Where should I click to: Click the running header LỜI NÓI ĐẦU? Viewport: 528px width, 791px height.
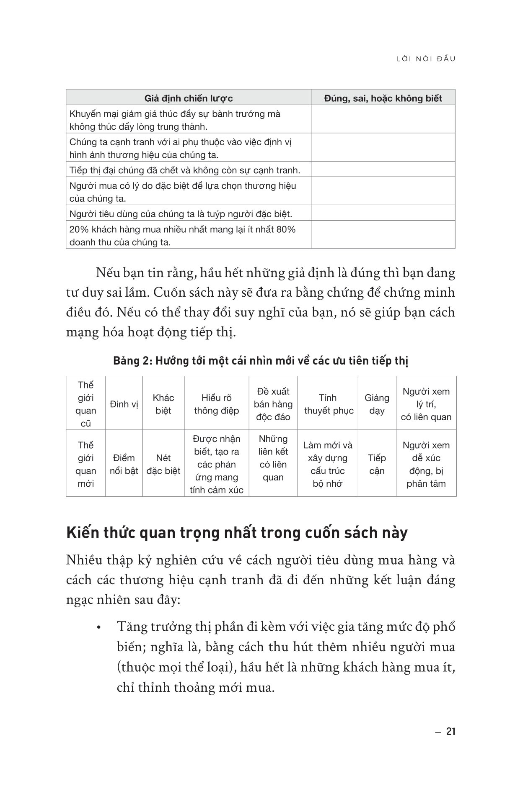point(426,59)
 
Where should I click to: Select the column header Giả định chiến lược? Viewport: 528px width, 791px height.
point(189,98)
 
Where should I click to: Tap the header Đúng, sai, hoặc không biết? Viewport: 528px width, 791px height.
point(383,98)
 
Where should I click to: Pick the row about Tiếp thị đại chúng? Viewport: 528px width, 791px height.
point(185,170)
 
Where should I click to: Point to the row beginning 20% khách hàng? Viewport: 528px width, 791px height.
point(183,236)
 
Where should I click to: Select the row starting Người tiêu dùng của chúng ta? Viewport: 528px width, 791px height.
point(181,214)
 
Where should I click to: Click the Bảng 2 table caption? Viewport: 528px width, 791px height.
point(261,361)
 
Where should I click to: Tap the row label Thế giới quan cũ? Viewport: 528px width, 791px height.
point(85,404)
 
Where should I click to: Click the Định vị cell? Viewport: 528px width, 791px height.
point(124,404)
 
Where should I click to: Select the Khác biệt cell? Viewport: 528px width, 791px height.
point(163,404)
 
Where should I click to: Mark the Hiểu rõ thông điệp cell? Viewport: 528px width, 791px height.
point(217,404)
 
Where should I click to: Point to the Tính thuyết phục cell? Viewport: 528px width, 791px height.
point(329,404)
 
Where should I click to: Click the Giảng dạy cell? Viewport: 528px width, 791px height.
point(377,404)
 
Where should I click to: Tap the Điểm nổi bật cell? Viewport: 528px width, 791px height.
point(124,465)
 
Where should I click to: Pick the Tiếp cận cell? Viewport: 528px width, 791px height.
point(377,465)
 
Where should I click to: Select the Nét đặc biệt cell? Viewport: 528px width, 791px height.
point(163,465)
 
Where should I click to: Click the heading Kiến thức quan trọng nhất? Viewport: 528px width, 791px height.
point(237,533)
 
